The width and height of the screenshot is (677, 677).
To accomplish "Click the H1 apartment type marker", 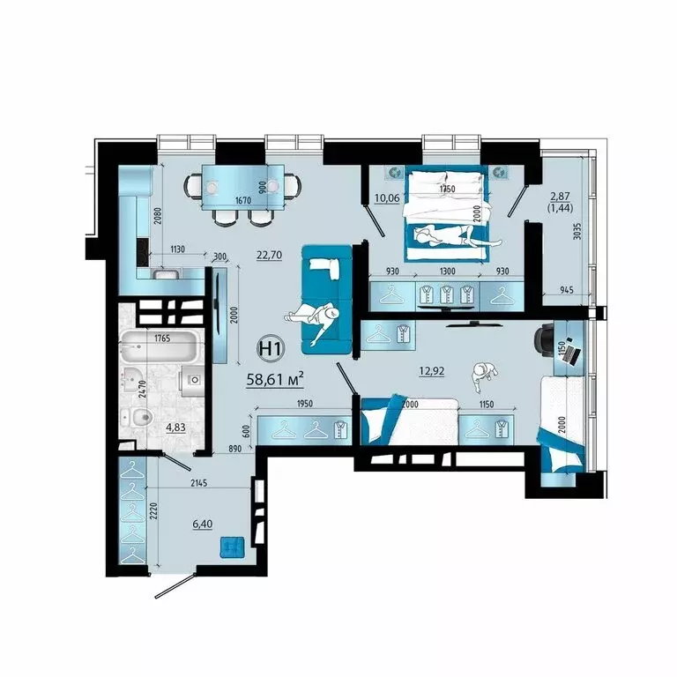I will (x=270, y=348).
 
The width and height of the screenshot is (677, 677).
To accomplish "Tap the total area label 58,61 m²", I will (x=277, y=377).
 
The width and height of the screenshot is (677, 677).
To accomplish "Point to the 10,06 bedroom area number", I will (x=387, y=197).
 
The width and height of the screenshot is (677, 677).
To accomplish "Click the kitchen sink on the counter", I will (x=166, y=274).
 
